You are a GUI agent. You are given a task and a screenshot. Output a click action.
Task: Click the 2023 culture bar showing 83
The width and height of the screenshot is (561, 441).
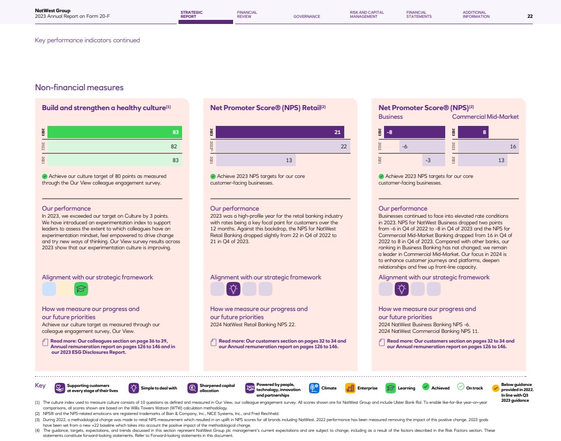(x=114, y=132)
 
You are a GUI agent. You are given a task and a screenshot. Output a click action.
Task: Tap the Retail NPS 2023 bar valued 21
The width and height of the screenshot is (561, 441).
(x=279, y=132)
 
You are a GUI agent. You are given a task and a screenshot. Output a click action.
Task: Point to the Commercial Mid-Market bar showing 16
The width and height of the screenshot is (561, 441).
(x=488, y=146)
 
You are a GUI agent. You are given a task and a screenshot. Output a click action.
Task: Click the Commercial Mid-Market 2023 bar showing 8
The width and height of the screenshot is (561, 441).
(x=473, y=132)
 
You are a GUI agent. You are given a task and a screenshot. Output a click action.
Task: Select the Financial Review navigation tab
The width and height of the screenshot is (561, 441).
(x=247, y=14)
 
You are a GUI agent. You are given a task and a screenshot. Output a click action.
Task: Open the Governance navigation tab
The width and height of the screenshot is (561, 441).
(x=307, y=16)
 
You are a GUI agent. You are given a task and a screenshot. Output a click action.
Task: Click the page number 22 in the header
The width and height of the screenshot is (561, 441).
(x=530, y=16)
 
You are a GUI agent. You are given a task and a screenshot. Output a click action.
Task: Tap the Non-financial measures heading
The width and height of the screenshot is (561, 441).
(x=79, y=87)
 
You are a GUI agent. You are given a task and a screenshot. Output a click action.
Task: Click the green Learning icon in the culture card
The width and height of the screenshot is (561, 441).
(x=81, y=289)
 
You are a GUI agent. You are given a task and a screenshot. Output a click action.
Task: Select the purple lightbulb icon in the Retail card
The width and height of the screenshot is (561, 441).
(x=234, y=289)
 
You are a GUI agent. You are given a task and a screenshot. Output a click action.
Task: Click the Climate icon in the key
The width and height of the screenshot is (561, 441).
(x=314, y=388)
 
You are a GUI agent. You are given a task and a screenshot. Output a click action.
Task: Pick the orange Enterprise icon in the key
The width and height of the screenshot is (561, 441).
(x=350, y=388)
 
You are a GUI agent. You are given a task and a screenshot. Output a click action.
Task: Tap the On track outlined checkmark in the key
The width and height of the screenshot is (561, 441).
(x=461, y=387)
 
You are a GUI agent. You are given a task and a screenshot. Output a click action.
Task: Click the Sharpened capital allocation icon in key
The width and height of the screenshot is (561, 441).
(x=192, y=388)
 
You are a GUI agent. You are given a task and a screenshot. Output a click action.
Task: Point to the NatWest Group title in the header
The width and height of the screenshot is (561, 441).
(x=49, y=10)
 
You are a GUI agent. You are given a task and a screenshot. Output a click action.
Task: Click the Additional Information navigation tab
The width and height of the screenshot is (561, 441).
(x=476, y=14)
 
